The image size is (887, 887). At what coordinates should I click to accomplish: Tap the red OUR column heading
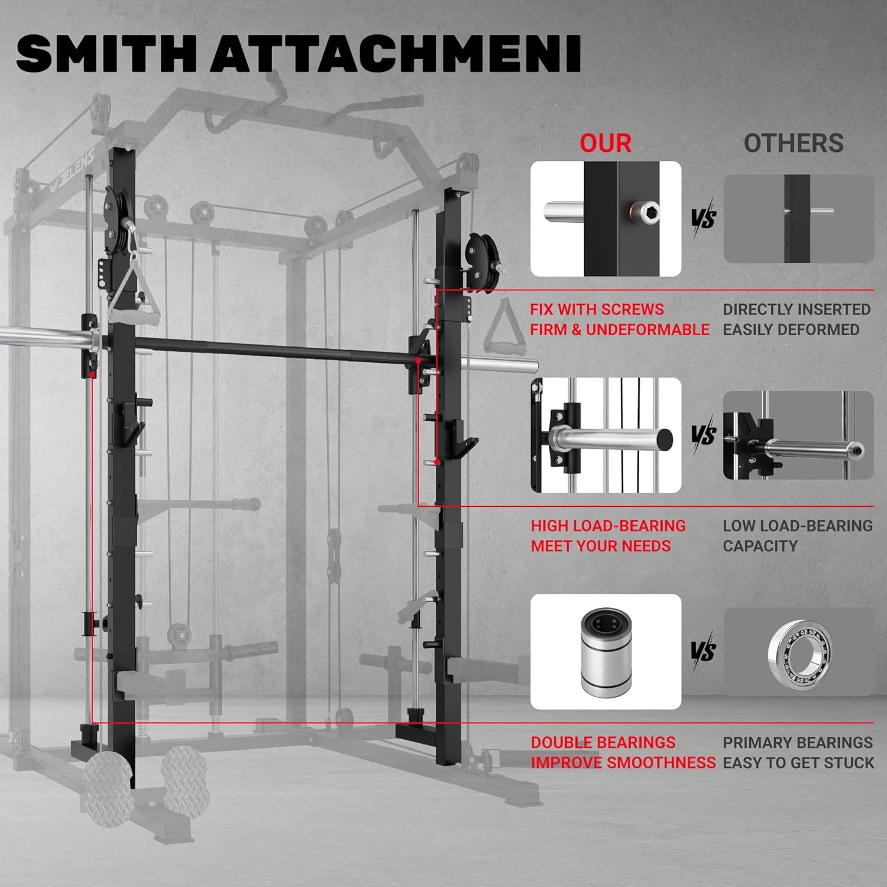pyautogui.click(x=606, y=143)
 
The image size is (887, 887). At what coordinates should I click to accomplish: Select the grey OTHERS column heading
pyautogui.click(x=794, y=143)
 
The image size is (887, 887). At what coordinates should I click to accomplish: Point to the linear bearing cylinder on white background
pyautogui.click(x=606, y=652)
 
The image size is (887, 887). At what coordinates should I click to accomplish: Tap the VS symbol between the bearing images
pyautogui.click(x=703, y=652)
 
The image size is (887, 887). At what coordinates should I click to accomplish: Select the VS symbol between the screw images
pyautogui.click(x=703, y=218)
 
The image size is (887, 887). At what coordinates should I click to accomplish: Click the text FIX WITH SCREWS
pyautogui.click(x=597, y=309)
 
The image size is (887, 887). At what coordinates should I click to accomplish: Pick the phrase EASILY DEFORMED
pyautogui.click(x=791, y=329)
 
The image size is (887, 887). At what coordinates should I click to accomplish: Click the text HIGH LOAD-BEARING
pyautogui.click(x=608, y=526)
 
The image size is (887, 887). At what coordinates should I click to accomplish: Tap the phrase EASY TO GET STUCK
pyautogui.click(x=798, y=762)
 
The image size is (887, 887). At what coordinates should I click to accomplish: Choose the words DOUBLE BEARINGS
pyautogui.click(x=603, y=742)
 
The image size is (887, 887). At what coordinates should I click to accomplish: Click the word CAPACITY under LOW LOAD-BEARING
pyautogui.click(x=760, y=546)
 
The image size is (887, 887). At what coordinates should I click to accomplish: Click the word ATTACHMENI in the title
pyautogui.click(x=396, y=54)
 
